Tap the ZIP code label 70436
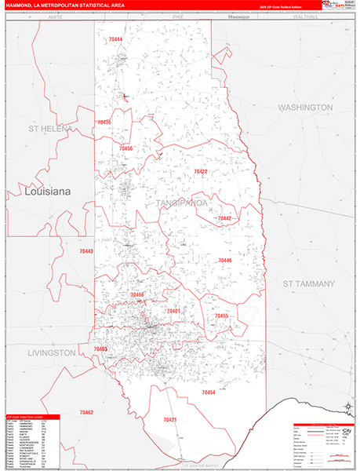[x=104, y=122]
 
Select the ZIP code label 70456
[x=125, y=148]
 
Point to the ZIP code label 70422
[x=201, y=171]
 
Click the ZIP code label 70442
[x=224, y=218]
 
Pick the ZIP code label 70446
[x=224, y=260]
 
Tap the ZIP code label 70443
[x=86, y=251]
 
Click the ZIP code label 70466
[x=137, y=294]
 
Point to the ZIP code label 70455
[x=221, y=316]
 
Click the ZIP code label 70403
[x=100, y=348]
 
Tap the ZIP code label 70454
[x=208, y=392]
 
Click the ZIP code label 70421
[x=169, y=420]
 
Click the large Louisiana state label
[x=48, y=191]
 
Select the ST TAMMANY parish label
[x=308, y=283]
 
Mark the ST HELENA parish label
[x=50, y=128]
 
